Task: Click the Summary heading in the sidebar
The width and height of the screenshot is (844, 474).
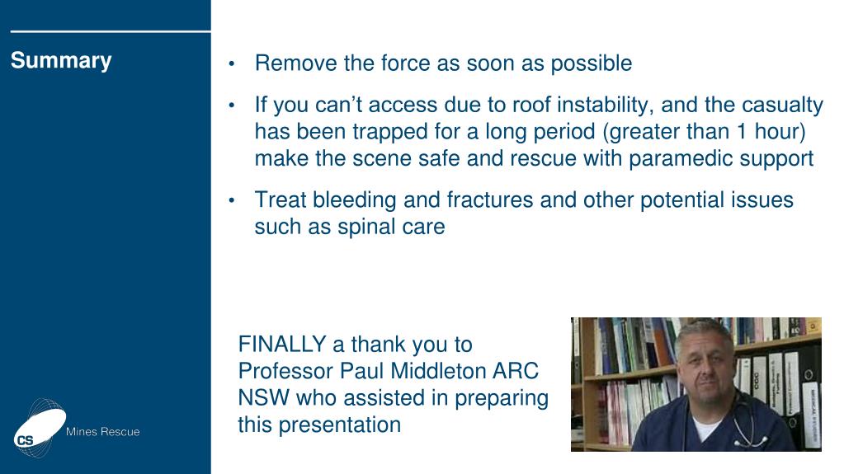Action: pos(61,61)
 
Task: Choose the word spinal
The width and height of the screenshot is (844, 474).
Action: pos(370,227)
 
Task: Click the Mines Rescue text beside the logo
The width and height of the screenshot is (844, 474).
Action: pos(102,432)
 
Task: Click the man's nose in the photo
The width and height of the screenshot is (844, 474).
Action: pos(701,375)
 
